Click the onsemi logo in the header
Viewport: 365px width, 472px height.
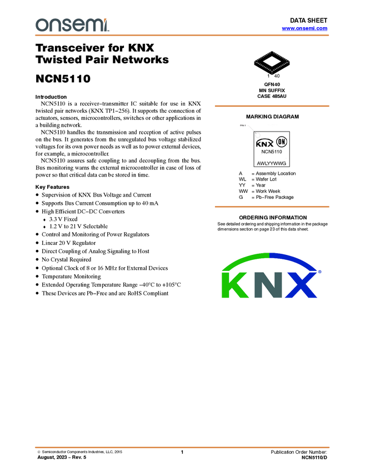point(72,24)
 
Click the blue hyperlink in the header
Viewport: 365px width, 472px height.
point(304,28)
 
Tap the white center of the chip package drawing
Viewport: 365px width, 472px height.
point(272,61)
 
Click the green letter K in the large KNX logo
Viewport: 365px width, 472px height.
point(237,284)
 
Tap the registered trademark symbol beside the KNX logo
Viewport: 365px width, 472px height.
point(319,272)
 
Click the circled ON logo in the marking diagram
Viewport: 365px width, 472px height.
point(282,142)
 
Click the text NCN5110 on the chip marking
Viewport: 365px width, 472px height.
point(272,151)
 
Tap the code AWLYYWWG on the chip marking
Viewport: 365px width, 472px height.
point(271,164)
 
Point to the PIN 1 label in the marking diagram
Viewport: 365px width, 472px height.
point(242,125)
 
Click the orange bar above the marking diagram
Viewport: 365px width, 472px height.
point(272,106)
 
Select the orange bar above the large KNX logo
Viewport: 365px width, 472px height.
point(272,207)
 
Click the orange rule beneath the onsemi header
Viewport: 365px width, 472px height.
point(182,36)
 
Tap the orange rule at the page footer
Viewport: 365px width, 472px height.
point(182,447)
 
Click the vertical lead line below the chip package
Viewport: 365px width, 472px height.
point(272,74)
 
